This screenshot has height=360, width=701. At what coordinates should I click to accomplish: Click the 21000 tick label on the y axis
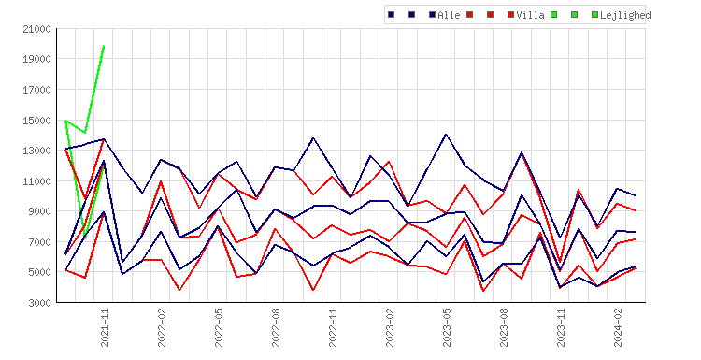(x=36, y=29)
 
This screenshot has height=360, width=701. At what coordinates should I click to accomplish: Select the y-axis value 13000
(x=36, y=151)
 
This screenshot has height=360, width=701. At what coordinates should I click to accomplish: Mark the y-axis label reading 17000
(x=36, y=90)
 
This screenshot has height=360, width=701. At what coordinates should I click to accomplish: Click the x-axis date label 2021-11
(x=105, y=327)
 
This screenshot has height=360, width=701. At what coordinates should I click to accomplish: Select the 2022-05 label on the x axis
(x=219, y=327)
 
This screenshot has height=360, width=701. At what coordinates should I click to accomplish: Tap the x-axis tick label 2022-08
(x=276, y=327)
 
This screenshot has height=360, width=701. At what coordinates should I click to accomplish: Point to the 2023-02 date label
(x=390, y=327)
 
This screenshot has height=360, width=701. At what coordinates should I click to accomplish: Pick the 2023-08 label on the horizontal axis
(x=504, y=327)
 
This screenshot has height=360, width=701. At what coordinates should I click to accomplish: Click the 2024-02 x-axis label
(x=618, y=327)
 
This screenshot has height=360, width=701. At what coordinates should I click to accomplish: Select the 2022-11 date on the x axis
(x=333, y=327)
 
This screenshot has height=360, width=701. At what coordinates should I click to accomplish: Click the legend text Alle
(x=449, y=15)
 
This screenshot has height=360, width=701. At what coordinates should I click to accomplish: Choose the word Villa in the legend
(x=530, y=15)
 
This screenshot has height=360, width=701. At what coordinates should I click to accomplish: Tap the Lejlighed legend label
(x=625, y=15)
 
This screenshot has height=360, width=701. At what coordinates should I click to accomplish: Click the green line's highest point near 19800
(x=104, y=46)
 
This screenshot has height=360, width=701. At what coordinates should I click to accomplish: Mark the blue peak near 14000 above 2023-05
(x=446, y=134)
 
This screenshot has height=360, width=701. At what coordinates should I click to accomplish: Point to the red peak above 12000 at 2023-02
(x=389, y=162)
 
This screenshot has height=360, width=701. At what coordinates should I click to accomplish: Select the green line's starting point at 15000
(x=66, y=121)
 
